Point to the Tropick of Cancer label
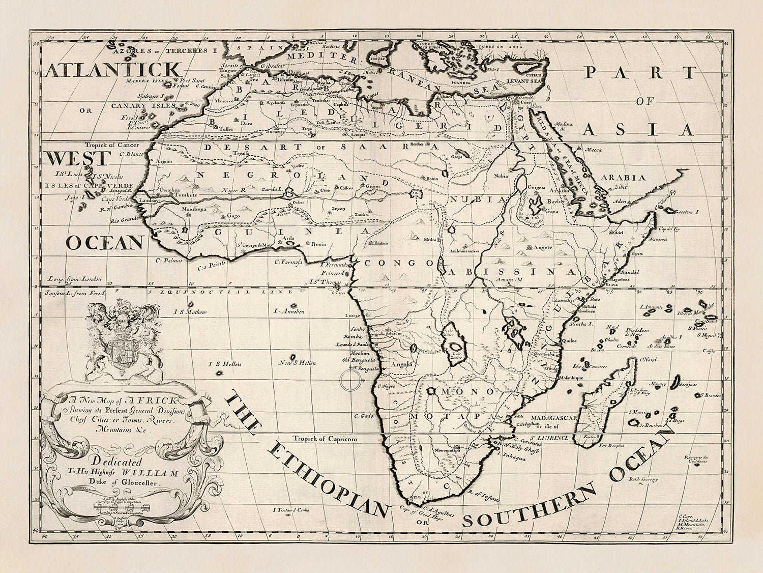[107, 144]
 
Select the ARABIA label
[624, 178]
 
